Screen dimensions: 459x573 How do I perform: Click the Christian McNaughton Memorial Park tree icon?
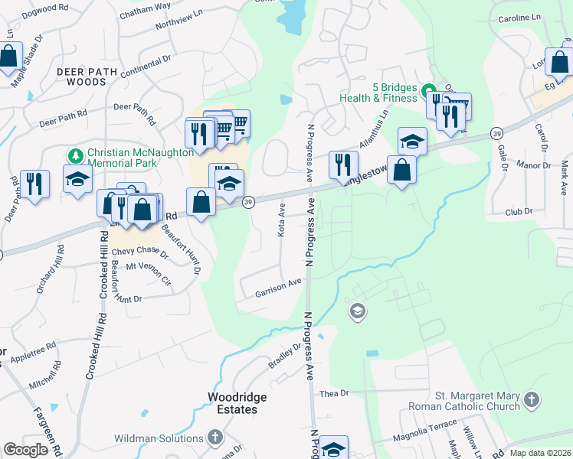(75, 156)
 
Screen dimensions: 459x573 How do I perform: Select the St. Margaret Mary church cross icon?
(532, 399)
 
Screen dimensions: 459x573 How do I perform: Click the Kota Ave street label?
(282, 220)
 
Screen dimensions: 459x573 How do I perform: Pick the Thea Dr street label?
(334, 392)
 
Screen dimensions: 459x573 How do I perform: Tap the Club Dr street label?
(518, 212)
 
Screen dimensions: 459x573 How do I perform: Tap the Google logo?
(25, 450)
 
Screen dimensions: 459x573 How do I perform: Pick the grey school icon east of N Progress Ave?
(357, 311)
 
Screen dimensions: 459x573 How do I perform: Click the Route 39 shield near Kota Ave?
(248, 201)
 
